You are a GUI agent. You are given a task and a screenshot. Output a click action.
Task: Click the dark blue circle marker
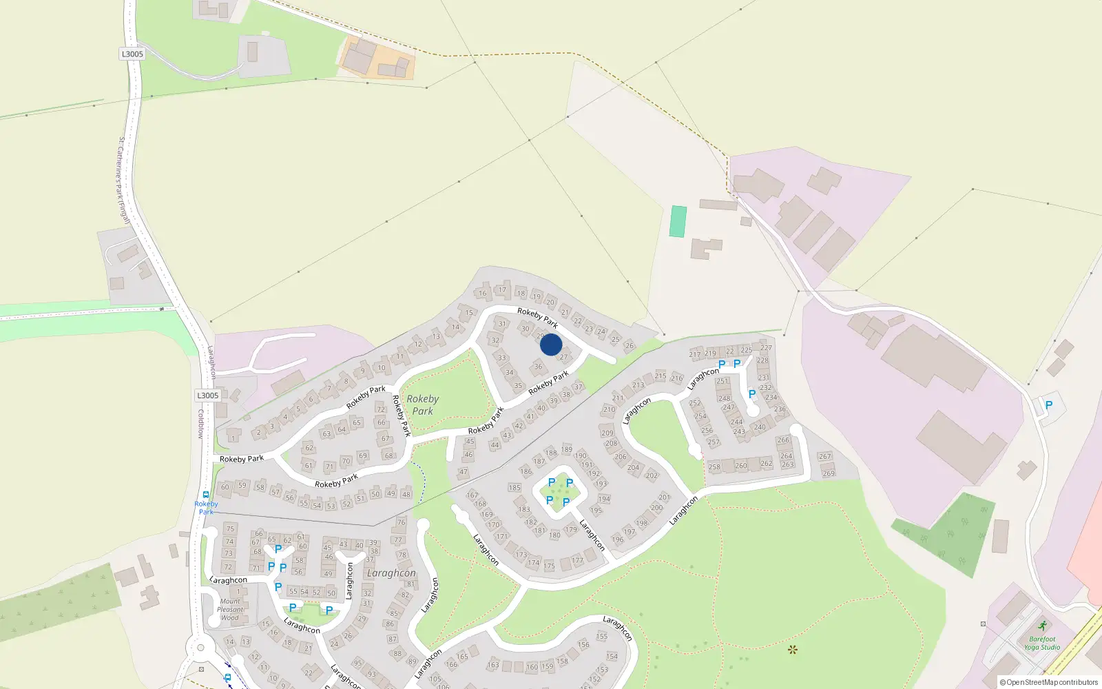click(x=551, y=344)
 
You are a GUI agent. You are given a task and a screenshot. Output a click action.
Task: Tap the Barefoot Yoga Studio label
click(x=1041, y=643)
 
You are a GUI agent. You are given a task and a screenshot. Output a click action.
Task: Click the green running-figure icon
click(x=1042, y=626)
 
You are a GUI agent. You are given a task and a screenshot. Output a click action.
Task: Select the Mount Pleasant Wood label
click(x=230, y=610)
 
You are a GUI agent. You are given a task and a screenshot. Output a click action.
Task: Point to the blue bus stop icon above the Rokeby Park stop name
click(x=206, y=494)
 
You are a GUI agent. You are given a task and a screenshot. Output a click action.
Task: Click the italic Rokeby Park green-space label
click(x=422, y=404)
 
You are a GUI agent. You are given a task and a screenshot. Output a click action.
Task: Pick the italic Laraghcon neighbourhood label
click(x=391, y=573)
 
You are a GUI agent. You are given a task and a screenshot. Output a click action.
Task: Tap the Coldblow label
click(x=201, y=424)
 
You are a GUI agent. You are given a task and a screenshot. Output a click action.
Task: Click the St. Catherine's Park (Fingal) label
click(x=123, y=180)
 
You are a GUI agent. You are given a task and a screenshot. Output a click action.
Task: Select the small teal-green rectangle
click(x=678, y=221)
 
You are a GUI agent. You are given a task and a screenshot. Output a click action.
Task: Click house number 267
click(x=825, y=456)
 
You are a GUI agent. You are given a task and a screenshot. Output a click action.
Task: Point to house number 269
click(x=829, y=473)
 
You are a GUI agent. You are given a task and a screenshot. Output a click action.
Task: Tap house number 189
click(x=567, y=449)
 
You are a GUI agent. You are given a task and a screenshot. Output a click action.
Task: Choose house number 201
click(x=664, y=497)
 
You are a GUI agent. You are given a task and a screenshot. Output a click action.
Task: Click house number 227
click(x=766, y=348)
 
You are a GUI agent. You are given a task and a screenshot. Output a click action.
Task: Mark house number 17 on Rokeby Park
click(x=502, y=290)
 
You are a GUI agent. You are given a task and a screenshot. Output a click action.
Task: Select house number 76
click(x=402, y=522)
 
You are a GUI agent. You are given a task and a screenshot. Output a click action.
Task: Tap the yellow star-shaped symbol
click(x=792, y=649)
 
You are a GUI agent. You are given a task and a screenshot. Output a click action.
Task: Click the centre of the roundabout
click(x=200, y=647)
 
